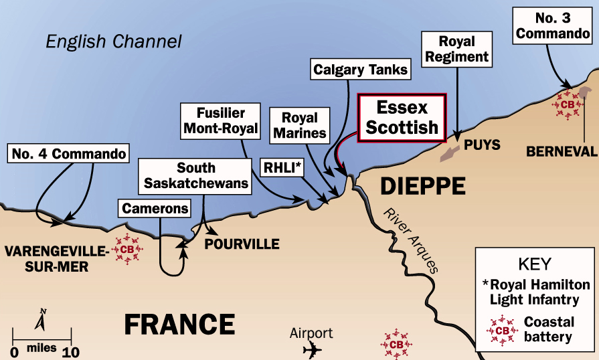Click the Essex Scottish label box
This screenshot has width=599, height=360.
[x=402, y=117]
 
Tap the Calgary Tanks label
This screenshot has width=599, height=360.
[x=360, y=69]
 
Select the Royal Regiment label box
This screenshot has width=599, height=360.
[x=456, y=50]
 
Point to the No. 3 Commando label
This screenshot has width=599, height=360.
[x=554, y=25]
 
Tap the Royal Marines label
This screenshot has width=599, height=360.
[x=298, y=124]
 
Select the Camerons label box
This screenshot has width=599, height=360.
[x=155, y=208]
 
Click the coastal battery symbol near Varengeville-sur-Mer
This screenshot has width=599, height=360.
[x=126, y=249]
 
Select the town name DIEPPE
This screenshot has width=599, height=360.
[x=423, y=186]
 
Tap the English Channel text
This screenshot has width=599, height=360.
[x=114, y=41]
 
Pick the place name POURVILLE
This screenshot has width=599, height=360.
[x=242, y=244]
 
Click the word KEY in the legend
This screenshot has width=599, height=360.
[x=536, y=264]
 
